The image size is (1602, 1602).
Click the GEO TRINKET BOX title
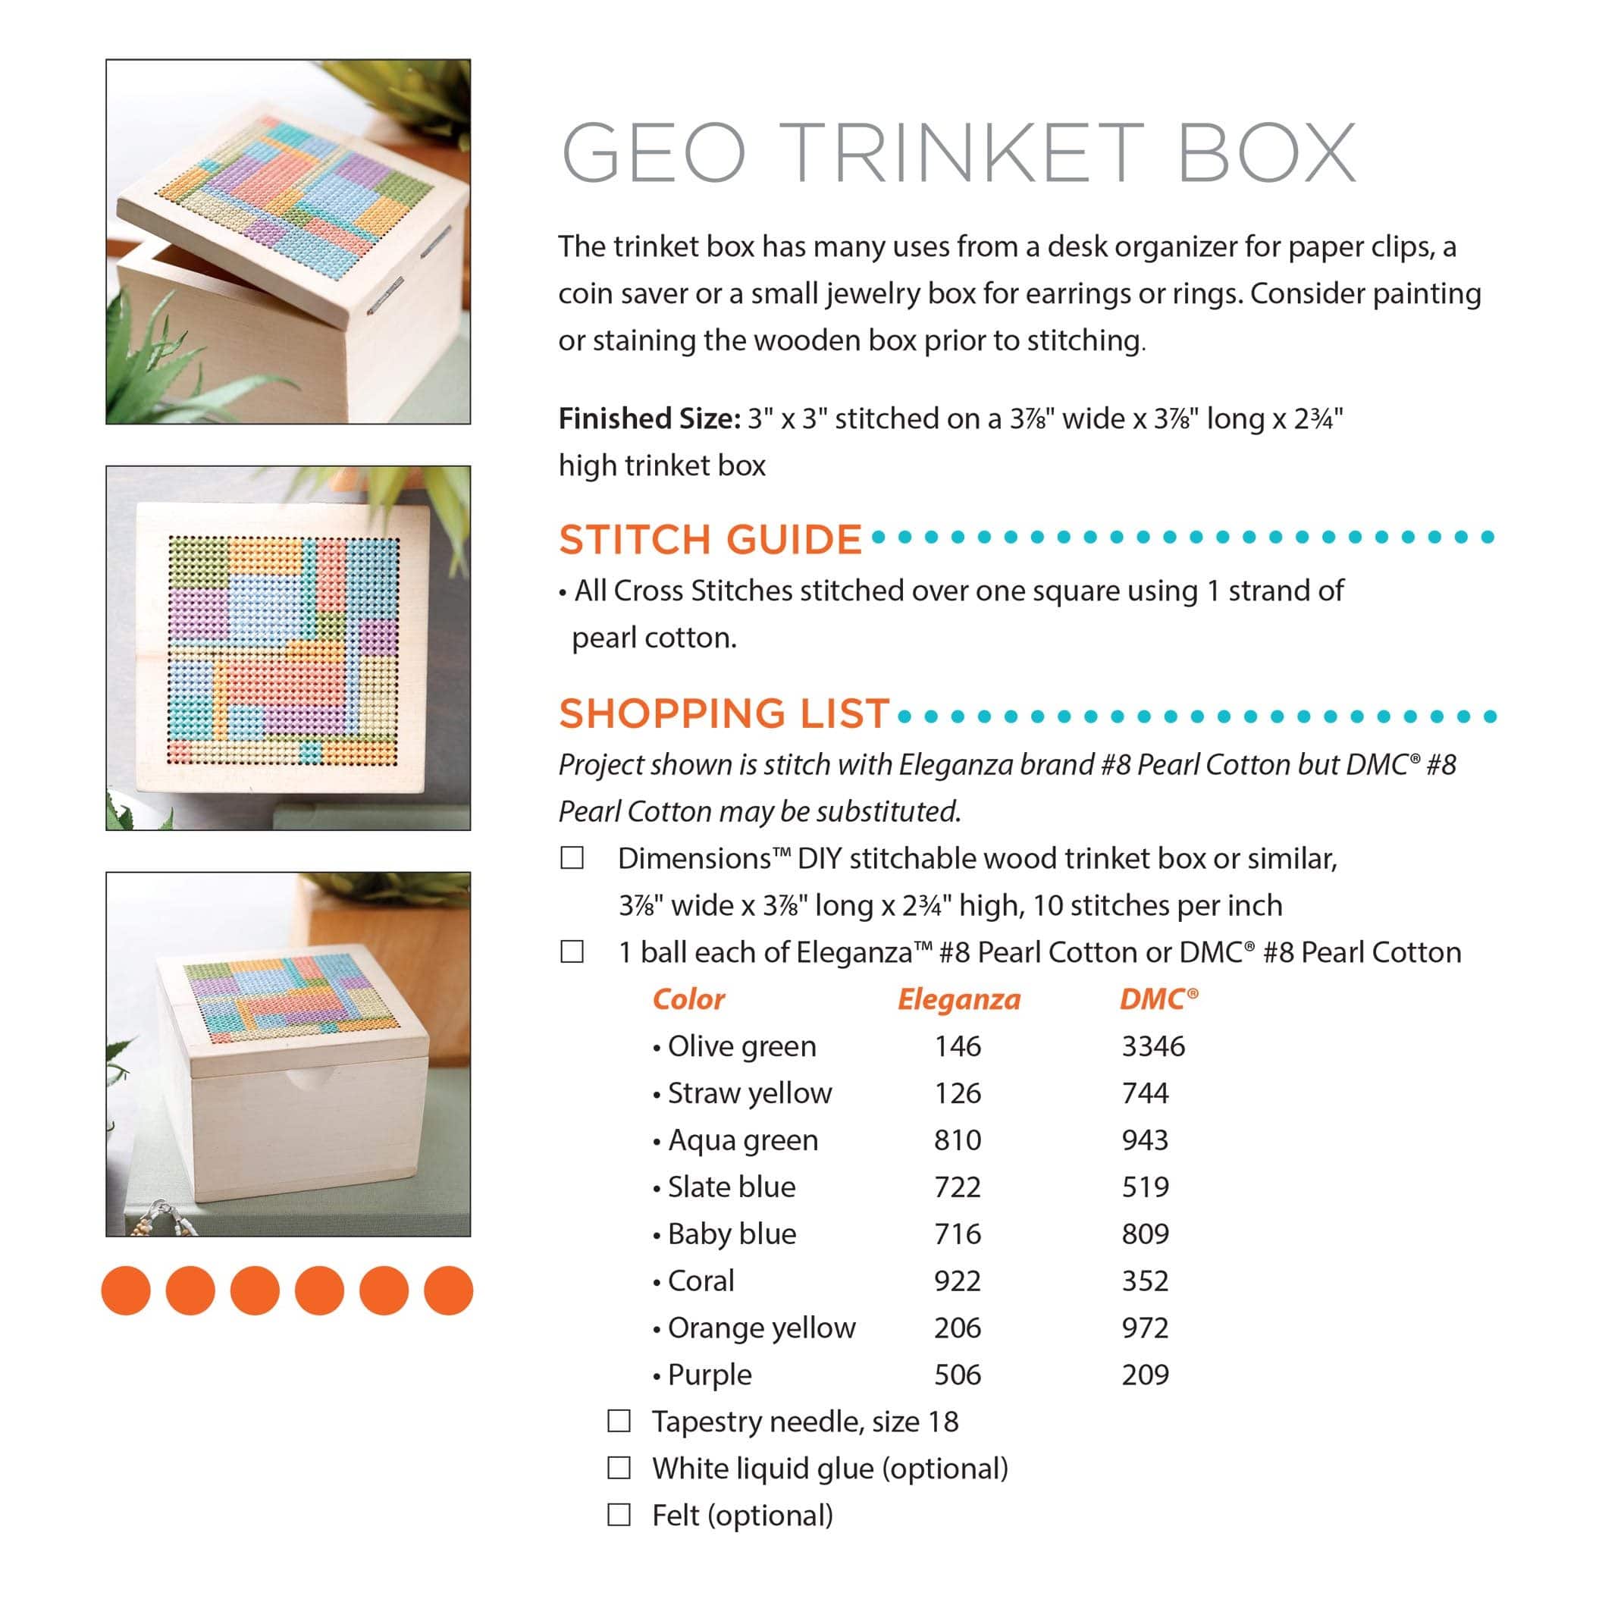point(958,152)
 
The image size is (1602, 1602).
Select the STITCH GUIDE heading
point(710,540)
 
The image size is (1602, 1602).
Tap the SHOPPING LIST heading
point(724,714)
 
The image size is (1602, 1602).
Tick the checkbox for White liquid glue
point(619,1468)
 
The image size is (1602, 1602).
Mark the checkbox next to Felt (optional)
point(619,1515)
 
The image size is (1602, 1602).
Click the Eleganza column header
point(958,999)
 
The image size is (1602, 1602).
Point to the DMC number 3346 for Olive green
point(1153,1046)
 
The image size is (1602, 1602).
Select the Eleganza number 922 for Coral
point(958,1281)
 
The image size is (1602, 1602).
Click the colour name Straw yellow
point(750,1093)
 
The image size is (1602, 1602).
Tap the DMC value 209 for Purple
point(1145,1375)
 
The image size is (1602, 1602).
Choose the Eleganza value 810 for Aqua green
point(958,1140)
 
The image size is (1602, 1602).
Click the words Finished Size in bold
point(649,419)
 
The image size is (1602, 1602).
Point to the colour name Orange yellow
point(761,1328)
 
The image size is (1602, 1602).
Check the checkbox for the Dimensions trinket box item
point(572,857)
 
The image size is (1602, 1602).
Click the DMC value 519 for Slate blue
point(1145,1187)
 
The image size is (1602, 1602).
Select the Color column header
point(688,999)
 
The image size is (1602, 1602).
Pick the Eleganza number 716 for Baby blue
point(958,1234)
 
